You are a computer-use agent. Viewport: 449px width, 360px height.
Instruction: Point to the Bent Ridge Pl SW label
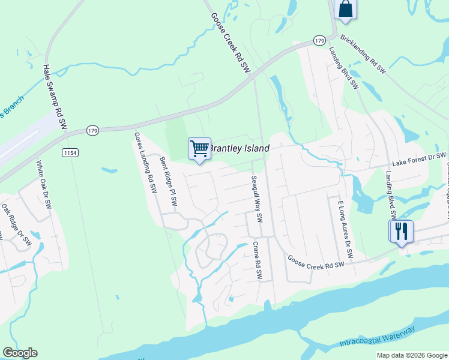click(x=169, y=182)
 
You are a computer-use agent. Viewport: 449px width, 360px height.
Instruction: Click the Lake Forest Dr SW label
click(x=419, y=160)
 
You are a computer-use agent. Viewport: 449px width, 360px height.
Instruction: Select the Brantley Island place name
click(x=239, y=148)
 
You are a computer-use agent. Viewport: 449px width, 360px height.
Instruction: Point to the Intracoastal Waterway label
click(x=377, y=337)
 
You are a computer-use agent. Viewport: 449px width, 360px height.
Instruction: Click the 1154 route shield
click(x=70, y=153)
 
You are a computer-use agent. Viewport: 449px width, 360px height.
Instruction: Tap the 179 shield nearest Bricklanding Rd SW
click(x=319, y=40)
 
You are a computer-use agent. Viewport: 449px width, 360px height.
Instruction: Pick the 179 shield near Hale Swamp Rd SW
click(x=92, y=130)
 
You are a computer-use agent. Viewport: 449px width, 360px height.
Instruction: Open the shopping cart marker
click(x=199, y=148)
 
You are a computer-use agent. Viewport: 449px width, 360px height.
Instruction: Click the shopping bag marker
click(x=345, y=8)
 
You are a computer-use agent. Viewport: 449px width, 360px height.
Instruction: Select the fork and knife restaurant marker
click(x=401, y=230)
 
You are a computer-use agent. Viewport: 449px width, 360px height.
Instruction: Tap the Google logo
click(x=20, y=353)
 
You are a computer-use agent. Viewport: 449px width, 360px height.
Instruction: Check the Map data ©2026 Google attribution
click(x=412, y=355)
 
